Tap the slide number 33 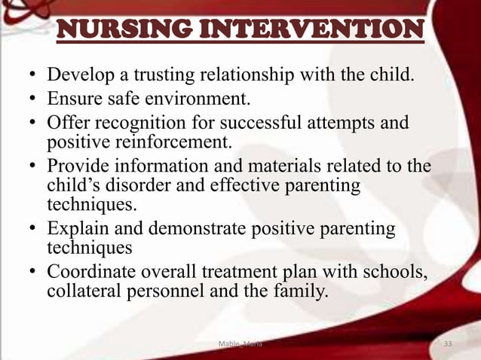[x=449, y=344]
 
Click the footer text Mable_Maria [x=240, y=344]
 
